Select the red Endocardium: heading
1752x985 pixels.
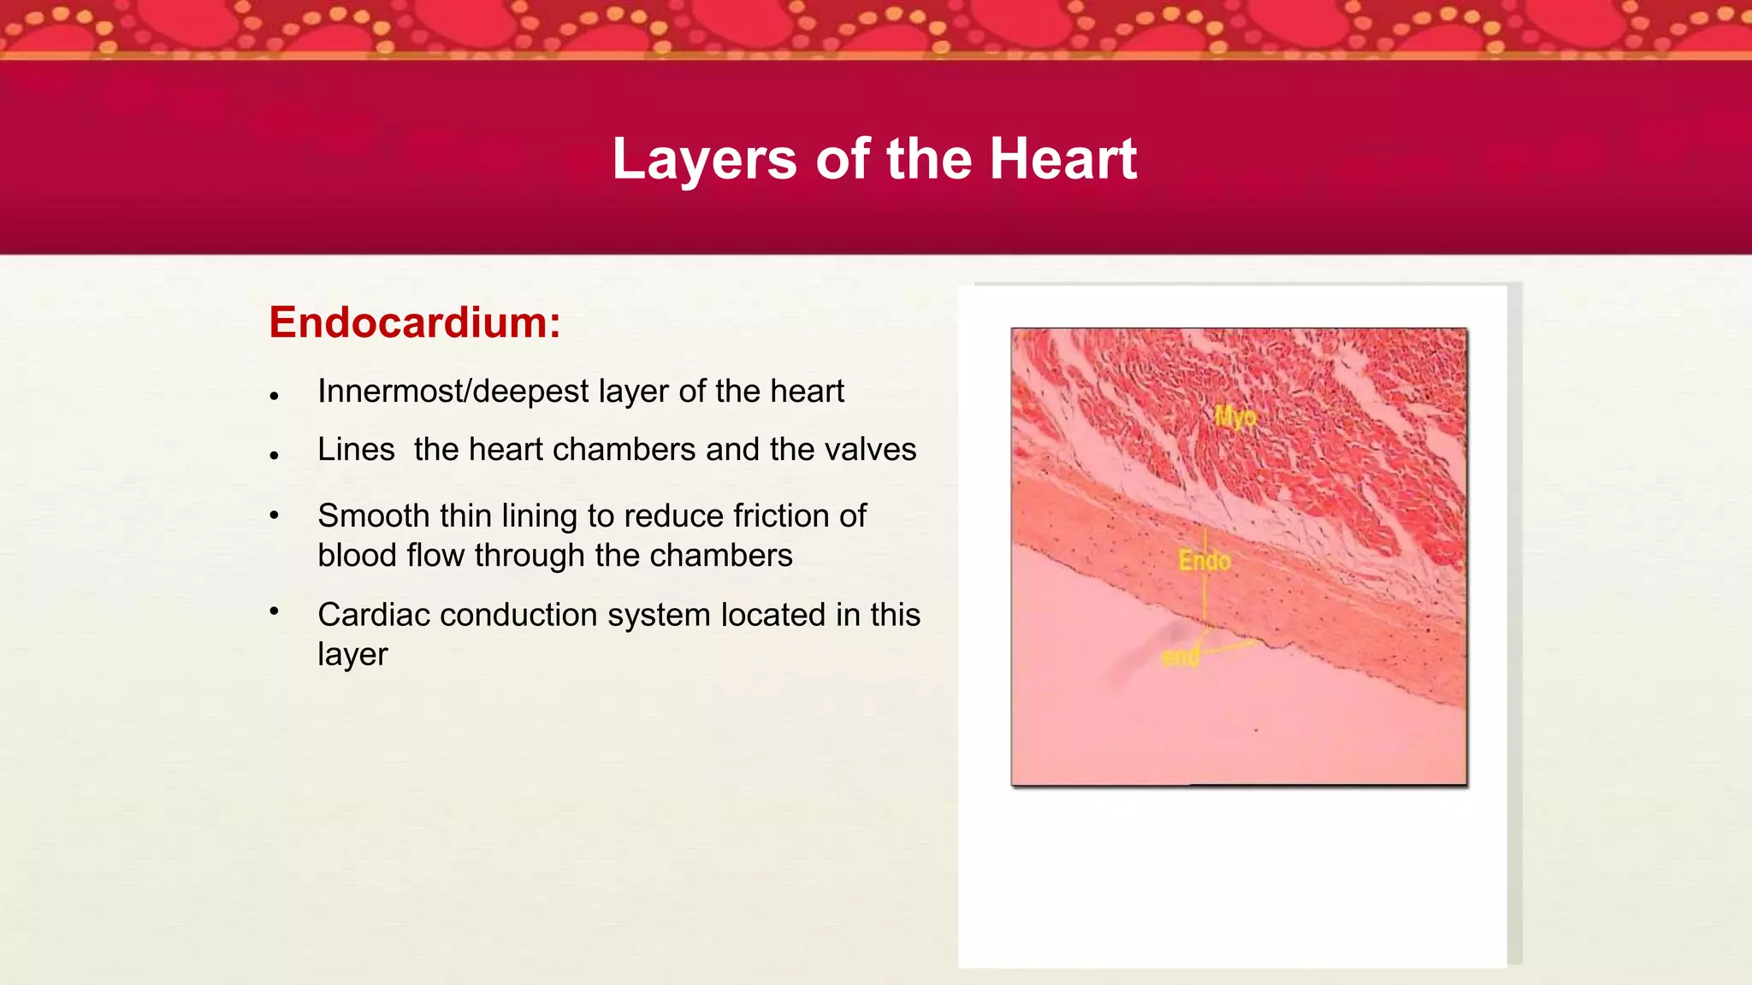pyautogui.click(x=415, y=322)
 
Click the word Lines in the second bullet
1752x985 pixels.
pyautogui.click(x=356, y=450)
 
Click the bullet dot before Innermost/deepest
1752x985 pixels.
pyautogui.click(x=274, y=396)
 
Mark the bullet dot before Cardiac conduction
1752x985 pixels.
pyautogui.click(x=274, y=610)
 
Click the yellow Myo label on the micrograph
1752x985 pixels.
pyautogui.click(x=1236, y=417)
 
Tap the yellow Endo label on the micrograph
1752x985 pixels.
pyautogui.click(x=1204, y=561)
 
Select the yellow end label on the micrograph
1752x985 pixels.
pyautogui.click(x=1181, y=657)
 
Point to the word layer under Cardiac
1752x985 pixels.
pyautogui.click(x=352, y=655)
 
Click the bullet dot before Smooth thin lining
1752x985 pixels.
pyautogui.click(x=274, y=515)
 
